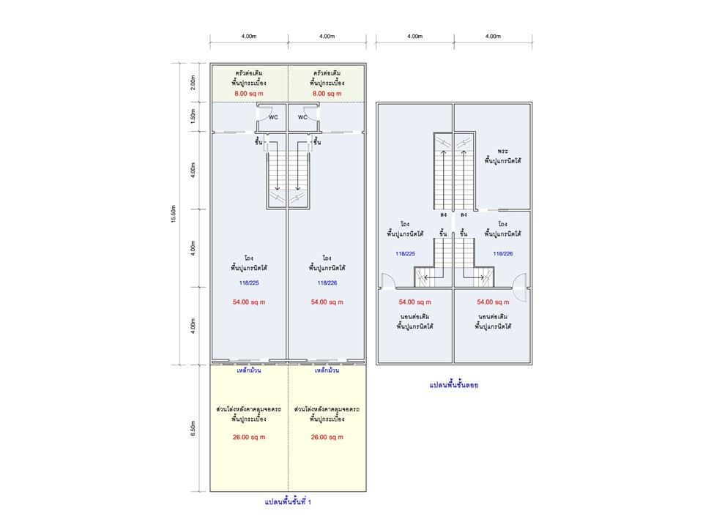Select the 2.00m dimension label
pyautogui.click(x=193, y=82)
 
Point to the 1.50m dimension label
pyautogui.click(x=193, y=117)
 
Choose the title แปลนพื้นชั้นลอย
pyautogui.click(x=453, y=384)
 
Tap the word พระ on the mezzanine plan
pyautogui.click(x=502, y=150)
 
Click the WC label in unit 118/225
pyautogui.click(x=272, y=117)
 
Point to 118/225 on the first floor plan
pyautogui.click(x=249, y=283)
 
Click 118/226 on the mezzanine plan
pyautogui.click(x=502, y=253)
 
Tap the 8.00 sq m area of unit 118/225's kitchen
pyautogui.click(x=249, y=94)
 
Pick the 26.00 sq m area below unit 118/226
pyautogui.click(x=327, y=437)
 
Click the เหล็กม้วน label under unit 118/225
pyautogui.click(x=249, y=370)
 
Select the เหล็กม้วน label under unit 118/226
pyautogui.click(x=327, y=370)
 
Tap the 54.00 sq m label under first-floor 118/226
pyautogui.click(x=327, y=302)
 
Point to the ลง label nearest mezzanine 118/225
pyautogui.click(x=444, y=214)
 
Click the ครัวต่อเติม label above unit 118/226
pyautogui.click(x=327, y=73)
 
